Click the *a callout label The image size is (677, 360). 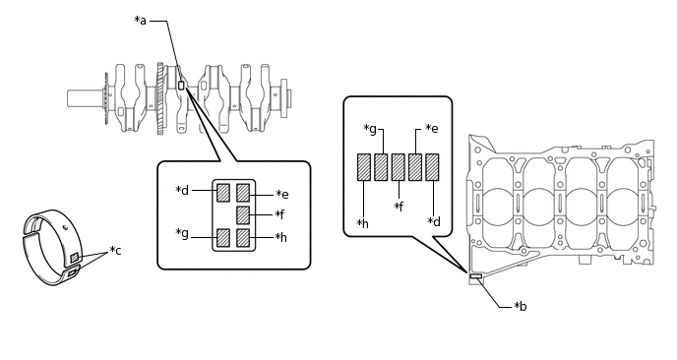coord(141,21)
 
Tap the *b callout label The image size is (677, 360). coord(521,306)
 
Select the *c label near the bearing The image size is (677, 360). coord(115,251)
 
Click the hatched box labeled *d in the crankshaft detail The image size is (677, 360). coord(223,193)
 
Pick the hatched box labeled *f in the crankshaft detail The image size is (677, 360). coord(243,215)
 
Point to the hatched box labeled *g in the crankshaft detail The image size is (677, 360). coord(223,237)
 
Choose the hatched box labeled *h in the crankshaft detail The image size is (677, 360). coord(243,237)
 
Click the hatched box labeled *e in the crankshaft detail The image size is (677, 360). coord(243,193)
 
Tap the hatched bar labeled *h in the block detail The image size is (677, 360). coord(364,167)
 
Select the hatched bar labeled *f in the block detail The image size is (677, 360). coord(399,167)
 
